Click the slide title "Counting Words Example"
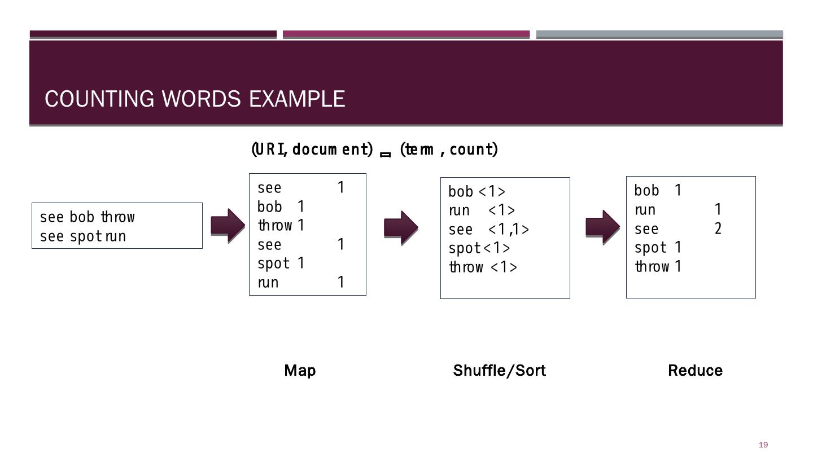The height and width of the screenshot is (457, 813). tap(195, 99)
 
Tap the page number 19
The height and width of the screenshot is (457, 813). tap(763, 445)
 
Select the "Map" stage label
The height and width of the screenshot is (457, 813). tap(300, 371)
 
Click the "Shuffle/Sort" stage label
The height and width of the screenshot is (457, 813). tap(499, 371)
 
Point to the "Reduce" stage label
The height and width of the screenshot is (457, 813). tap(695, 371)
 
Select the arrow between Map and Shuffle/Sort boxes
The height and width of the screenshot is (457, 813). tap(401, 227)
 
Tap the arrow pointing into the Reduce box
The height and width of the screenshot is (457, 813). tap(602, 227)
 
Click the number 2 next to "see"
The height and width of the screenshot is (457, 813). tap(718, 228)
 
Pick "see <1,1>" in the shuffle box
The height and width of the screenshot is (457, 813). tap(489, 230)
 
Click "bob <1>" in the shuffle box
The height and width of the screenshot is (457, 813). tap(477, 192)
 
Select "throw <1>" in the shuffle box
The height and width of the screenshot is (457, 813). tap(483, 267)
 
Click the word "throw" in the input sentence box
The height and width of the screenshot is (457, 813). tap(118, 217)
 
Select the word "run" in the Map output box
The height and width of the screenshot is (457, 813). tap(268, 283)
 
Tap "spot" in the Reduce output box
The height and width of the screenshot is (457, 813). tap(650, 248)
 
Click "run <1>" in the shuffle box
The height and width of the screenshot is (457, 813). tap(482, 210)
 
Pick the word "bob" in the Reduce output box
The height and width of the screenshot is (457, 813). tap(646, 191)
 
